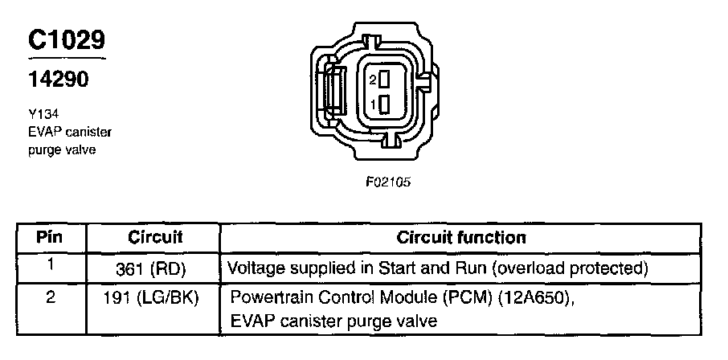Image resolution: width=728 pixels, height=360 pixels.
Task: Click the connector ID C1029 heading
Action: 67,42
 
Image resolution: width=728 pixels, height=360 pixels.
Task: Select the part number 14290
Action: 57,80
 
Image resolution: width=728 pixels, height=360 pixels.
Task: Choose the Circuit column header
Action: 154,238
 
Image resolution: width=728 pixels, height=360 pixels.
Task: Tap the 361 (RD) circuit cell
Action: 154,266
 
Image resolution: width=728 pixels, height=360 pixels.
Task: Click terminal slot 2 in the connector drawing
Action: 384,80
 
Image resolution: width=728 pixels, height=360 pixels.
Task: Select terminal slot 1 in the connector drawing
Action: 384,104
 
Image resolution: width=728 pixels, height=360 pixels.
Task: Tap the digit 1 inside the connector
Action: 373,105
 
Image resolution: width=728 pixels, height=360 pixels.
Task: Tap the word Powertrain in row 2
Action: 268,298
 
